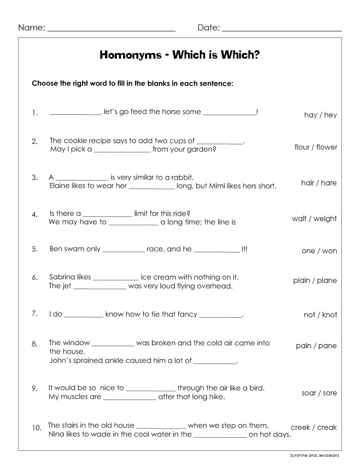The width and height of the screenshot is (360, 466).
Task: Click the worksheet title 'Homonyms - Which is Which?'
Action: pos(180,55)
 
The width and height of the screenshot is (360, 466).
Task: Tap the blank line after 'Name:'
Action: pos(111,30)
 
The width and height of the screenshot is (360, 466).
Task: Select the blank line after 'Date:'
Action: pos(282,30)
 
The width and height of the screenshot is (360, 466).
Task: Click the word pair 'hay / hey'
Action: pos(320,115)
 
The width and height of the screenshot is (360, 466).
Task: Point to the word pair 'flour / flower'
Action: pos(315,147)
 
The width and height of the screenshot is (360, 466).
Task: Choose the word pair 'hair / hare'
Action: pos(319,183)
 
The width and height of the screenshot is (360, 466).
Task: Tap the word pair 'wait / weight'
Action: pos(314,218)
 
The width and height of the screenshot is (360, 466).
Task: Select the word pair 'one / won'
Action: pos(319,251)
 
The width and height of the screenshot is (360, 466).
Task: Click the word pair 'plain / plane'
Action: pos(315,280)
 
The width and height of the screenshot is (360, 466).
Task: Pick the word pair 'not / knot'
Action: pos(320,315)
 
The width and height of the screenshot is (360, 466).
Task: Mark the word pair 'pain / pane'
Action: pos(316,346)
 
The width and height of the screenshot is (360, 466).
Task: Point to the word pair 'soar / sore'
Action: pos(319,393)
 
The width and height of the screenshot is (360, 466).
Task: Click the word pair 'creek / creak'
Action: pos(314,427)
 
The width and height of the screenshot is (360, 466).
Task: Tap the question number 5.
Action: pos(34,249)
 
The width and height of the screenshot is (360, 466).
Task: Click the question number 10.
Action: pos(37,428)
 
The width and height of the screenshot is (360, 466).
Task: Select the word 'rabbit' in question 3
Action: pos(181,177)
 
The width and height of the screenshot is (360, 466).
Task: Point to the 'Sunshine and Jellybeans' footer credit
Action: pos(314,455)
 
